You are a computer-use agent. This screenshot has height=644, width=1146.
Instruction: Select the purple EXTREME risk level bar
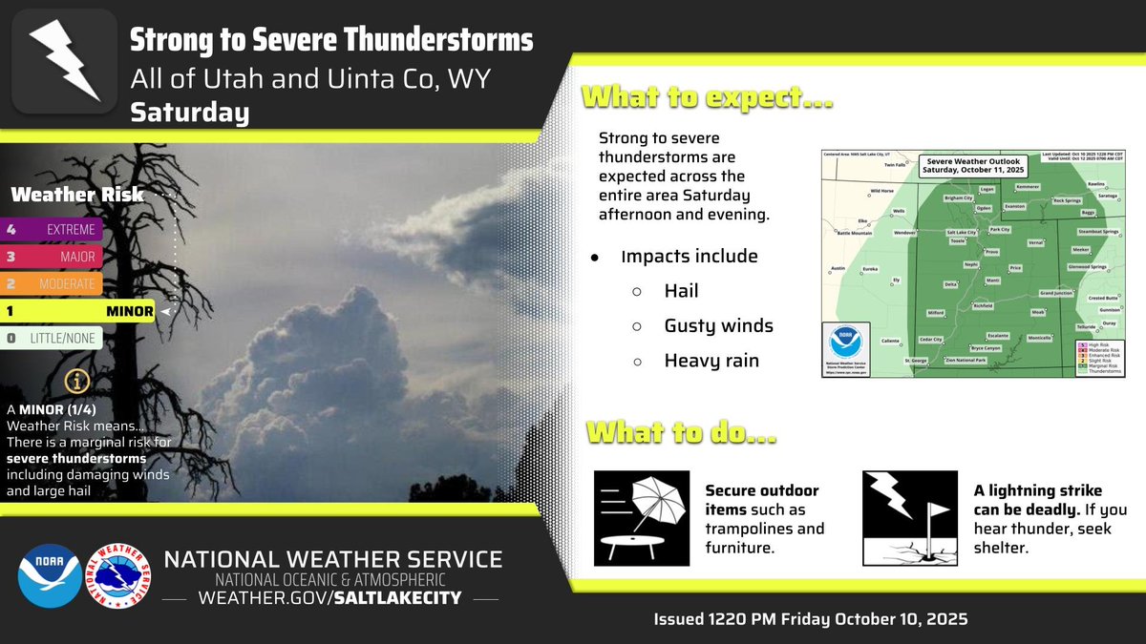pyautogui.click(x=53, y=229)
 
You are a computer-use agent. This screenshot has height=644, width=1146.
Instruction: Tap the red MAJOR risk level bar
pyautogui.click(x=53, y=256)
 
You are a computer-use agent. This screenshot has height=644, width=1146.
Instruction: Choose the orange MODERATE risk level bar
pyautogui.click(x=53, y=283)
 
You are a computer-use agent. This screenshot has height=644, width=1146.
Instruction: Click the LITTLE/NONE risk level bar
pyautogui.click(x=53, y=338)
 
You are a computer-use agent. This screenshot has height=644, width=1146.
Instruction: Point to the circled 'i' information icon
pyautogui.click(x=78, y=381)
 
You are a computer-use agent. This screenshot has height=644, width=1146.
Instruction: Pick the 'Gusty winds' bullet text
pyautogui.click(x=718, y=326)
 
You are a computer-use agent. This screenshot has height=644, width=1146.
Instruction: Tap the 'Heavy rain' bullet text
pyautogui.click(x=711, y=361)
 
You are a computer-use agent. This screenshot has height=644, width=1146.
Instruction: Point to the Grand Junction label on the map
pyautogui.click(x=1058, y=293)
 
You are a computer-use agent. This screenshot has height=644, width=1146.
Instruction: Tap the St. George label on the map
pyautogui.click(x=915, y=361)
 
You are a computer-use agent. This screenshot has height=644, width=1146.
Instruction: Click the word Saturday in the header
pyautogui.click(x=189, y=113)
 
